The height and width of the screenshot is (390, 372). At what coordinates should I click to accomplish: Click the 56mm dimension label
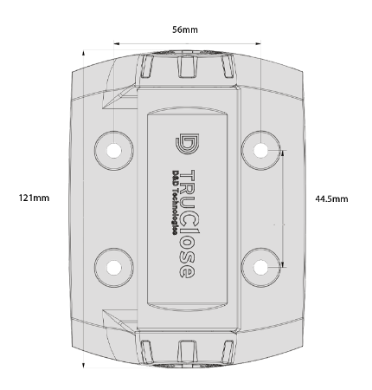[x=185, y=29]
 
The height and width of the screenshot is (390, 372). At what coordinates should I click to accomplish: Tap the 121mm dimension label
[x=34, y=198]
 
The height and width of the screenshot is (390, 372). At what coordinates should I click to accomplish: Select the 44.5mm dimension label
[x=331, y=198]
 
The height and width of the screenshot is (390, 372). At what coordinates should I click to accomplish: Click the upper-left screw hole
[x=114, y=151]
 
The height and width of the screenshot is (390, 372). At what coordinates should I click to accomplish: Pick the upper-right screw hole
[x=260, y=150]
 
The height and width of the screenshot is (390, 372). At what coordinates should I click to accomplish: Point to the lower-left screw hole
[x=114, y=268]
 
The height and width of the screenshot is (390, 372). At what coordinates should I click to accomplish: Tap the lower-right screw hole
[x=260, y=267]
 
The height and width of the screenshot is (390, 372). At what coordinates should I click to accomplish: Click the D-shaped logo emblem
[x=187, y=144]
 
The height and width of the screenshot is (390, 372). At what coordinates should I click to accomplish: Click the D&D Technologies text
[x=175, y=202]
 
